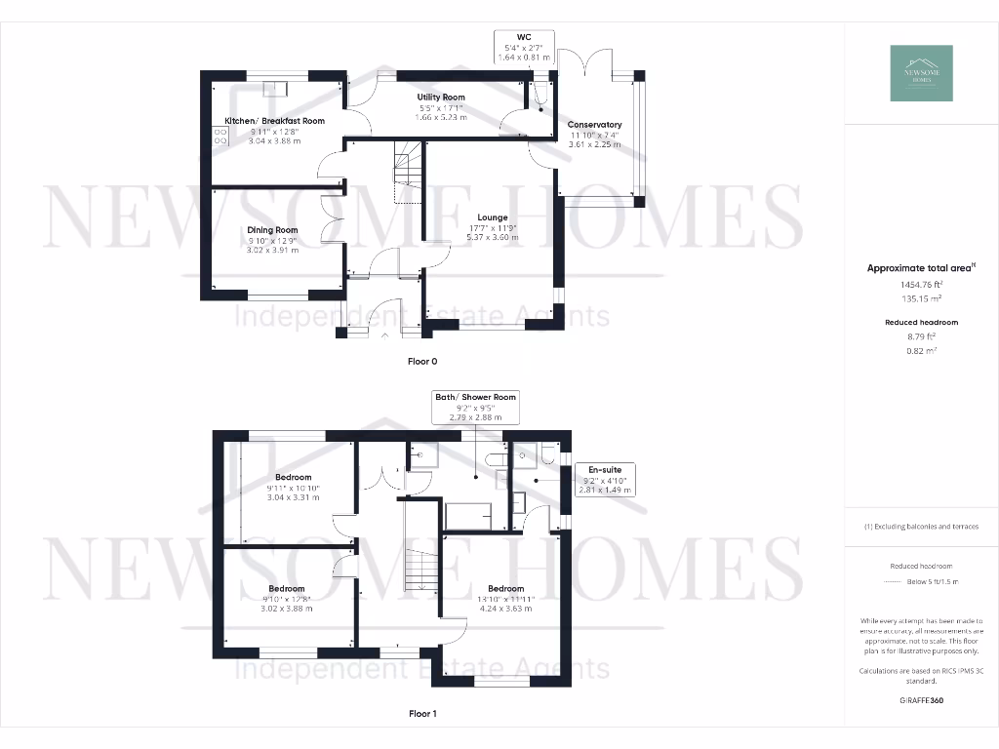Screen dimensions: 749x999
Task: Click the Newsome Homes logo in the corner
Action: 922,73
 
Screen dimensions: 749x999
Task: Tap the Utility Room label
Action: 441,98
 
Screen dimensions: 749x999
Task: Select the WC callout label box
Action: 524,47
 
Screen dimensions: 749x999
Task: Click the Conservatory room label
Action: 595,125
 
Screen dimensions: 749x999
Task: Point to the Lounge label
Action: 492,217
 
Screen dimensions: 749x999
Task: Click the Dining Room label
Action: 271,229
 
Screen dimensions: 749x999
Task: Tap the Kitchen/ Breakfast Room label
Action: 274,121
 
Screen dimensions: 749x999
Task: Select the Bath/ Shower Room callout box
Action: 476,407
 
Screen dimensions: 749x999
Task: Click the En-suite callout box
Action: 605,480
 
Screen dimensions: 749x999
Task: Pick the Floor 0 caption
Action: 422,361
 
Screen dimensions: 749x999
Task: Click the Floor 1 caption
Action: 422,714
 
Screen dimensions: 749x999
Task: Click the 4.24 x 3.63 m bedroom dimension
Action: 505,608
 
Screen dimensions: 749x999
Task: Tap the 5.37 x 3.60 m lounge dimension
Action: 492,237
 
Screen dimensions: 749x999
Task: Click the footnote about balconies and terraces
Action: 921,527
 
